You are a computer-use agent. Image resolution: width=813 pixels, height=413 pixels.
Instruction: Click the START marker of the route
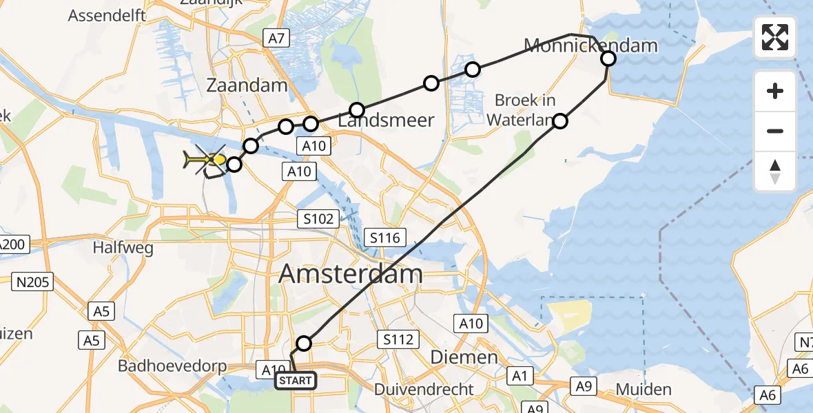[x=296, y=381]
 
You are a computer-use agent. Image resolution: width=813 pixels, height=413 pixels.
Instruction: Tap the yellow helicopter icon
[x=205, y=161]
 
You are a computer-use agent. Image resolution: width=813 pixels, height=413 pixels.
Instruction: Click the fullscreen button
[x=775, y=37]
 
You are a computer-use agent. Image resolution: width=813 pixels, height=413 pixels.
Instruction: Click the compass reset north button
[x=775, y=171]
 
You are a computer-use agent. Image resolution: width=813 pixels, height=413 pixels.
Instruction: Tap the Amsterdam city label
[x=351, y=274]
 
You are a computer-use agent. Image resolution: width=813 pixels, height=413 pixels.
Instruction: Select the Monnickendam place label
[x=590, y=46]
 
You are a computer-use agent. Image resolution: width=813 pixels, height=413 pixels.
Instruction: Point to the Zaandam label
[x=247, y=85]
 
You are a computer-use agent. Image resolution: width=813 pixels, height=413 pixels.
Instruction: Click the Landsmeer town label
[x=387, y=120]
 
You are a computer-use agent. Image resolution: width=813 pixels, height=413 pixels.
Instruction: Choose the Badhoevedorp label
[x=172, y=366]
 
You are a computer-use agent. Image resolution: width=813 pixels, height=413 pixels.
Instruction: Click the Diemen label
[x=464, y=357]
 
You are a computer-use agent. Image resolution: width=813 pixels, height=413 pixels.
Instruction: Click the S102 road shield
[x=318, y=220]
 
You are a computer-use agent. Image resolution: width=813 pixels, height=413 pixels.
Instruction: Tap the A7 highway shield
[x=276, y=39]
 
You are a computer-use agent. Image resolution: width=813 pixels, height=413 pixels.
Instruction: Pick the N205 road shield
[x=36, y=281]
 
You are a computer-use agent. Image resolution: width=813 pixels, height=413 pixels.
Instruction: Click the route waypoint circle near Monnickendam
[x=608, y=59]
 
